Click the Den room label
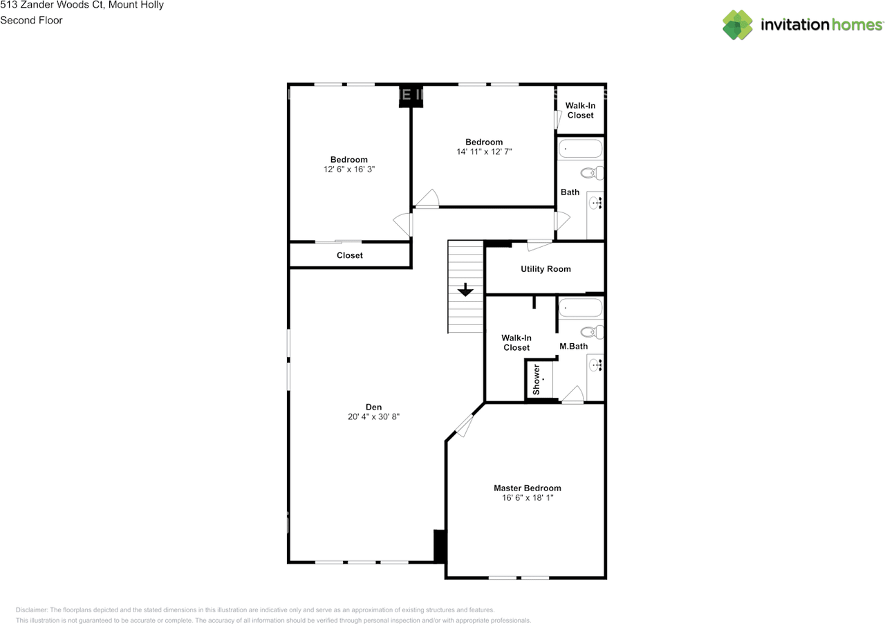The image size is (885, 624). (373, 407)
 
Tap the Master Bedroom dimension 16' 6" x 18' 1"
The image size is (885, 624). (527, 498)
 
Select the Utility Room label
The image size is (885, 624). (546, 269)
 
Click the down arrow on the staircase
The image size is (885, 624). (465, 290)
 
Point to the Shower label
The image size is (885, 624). (537, 379)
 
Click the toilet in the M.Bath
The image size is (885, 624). (592, 332)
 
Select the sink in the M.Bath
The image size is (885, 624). (594, 365)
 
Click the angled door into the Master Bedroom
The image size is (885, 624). (464, 426)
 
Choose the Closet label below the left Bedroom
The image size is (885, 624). (350, 255)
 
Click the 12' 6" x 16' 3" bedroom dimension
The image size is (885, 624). (349, 169)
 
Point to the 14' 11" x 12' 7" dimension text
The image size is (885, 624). (484, 152)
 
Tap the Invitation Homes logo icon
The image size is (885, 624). (738, 25)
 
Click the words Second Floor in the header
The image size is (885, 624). (31, 20)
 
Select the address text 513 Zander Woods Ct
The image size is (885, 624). (52, 5)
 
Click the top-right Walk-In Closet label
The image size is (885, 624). (580, 111)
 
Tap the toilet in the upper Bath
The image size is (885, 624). (592, 173)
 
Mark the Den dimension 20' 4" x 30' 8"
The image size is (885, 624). (373, 417)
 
